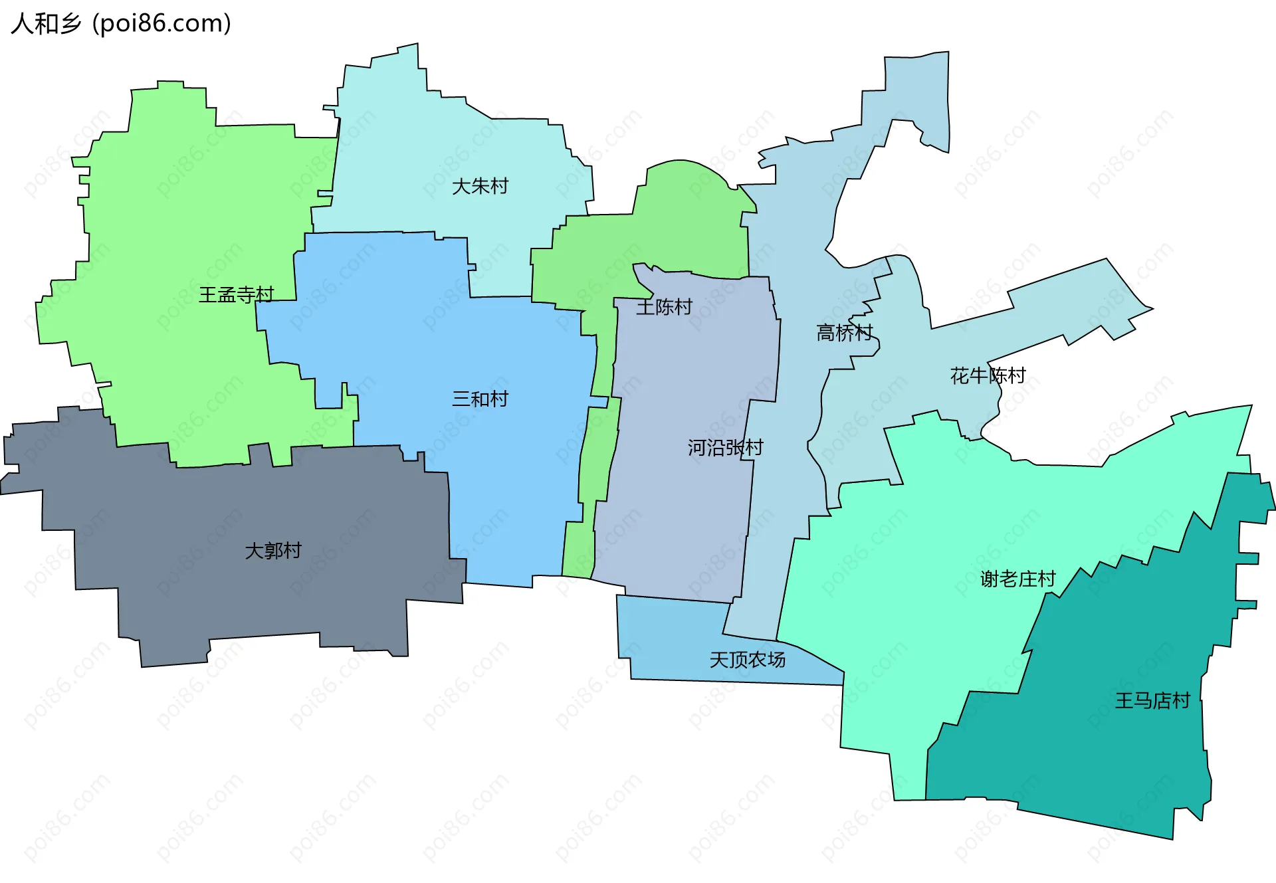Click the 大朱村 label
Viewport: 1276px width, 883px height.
(x=480, y=186)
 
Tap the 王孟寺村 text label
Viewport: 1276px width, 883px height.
(x=236, y=294)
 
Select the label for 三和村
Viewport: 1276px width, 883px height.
(x=480, y=399)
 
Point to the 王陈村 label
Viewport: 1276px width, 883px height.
(x=664, y=307)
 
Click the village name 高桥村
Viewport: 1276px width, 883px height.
(x=844, y=332)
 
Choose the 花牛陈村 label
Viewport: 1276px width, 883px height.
(x=988, y=376)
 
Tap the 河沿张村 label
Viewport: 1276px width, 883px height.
(x=725, y=448)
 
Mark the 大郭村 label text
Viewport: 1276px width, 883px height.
(x=273, y=551)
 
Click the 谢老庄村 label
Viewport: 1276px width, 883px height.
(x=1017, y=579)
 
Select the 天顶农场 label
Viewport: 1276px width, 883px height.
(x=747, y=660)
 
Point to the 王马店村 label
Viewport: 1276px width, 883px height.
(x=1152, y=701)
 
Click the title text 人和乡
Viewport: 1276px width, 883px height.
(x=46, y=24)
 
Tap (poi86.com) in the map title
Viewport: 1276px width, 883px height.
(x=162, y=24)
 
